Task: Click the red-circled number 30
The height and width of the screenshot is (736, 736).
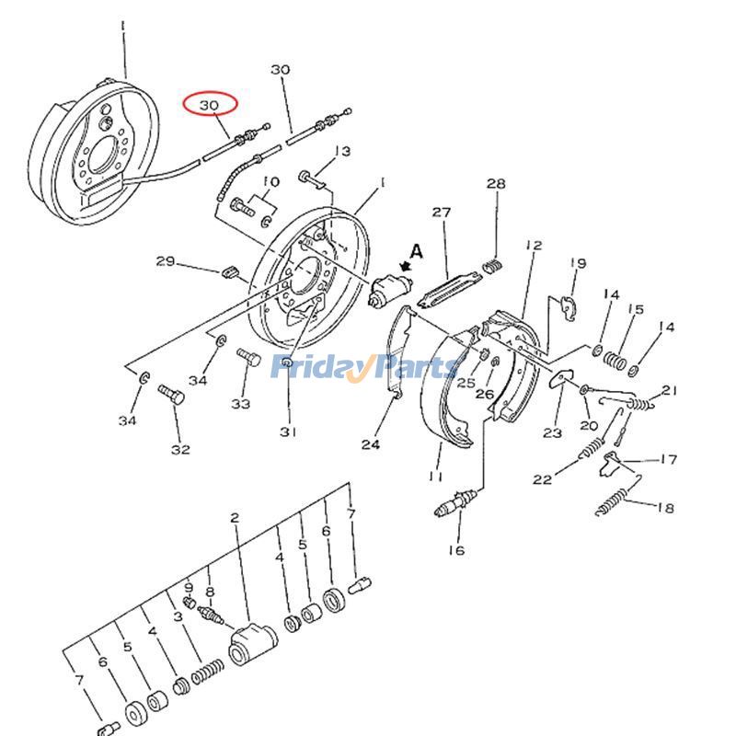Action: [210, 106]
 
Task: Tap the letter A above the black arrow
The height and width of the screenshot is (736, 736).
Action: [416, 250]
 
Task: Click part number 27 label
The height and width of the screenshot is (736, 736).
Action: [442, 213]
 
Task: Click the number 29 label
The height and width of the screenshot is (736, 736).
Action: [166, 262]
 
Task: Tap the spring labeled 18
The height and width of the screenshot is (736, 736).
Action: [614, 501]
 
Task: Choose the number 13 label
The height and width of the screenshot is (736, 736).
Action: [342, 152]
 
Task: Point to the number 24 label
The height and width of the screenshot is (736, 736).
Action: [370, 444]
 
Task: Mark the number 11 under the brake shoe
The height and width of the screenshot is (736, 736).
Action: [435, 477]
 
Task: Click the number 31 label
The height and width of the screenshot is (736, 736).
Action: [288, 432]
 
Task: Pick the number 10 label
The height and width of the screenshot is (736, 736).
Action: [271, 181]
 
